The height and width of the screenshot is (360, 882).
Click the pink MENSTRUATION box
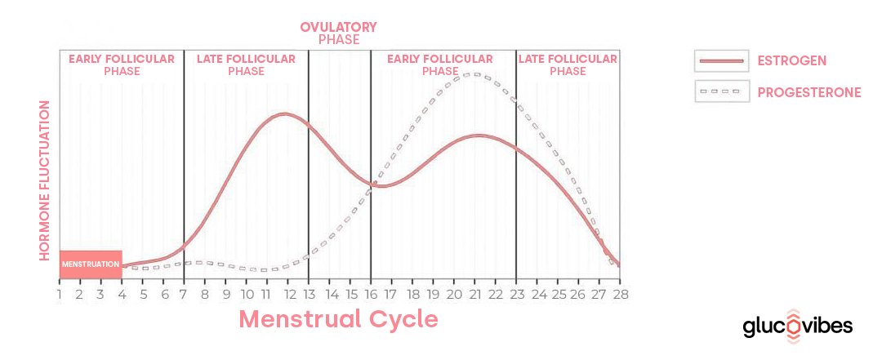coord(91,264)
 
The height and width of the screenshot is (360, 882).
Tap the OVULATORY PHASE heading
coord(338,33)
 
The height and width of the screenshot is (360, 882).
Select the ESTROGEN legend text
coord(792,61)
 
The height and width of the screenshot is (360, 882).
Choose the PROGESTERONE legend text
coord(809,92)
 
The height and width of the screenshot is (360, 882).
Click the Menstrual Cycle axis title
coord(338,318)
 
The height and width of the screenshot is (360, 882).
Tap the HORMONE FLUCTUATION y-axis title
coord(46,180)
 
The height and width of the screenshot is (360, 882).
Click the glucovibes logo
coord(797,327)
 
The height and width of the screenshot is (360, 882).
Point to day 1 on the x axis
coord(60,294)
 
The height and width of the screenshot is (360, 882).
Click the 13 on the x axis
coord(309,294)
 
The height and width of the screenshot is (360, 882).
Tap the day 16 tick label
coord(371,294)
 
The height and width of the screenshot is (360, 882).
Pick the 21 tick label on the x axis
coord(474,294)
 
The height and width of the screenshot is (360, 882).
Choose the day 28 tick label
coord(620,294)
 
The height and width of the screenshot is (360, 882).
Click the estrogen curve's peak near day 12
coord(283,113)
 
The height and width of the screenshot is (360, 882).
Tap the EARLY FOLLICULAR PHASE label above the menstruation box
coord(122,64)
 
